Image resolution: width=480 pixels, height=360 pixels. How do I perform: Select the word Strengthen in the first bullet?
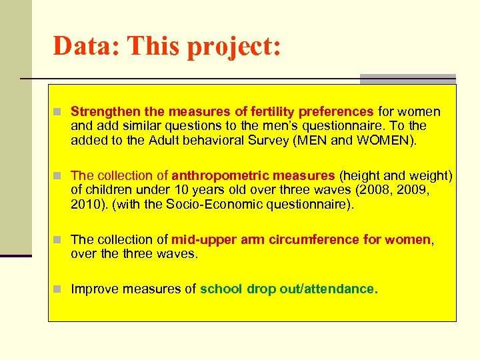(x=103, y=111)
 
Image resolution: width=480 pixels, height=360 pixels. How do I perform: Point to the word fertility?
(x=271, y=111)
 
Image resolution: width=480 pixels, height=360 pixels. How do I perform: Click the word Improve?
(x=93, y=289)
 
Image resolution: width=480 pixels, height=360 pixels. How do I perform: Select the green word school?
(x=221, y=289)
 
